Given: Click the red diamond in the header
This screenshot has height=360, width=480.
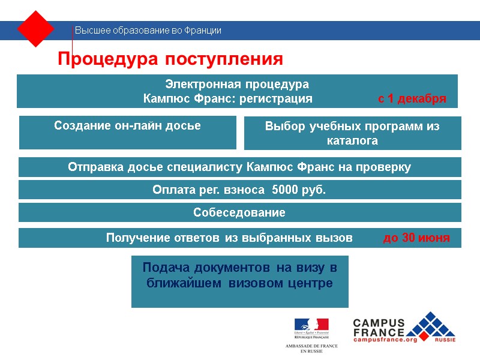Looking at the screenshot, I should [36, 29].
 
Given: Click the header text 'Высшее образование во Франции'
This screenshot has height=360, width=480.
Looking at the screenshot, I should [148, 31].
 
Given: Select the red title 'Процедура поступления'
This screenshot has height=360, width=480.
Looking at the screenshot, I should [170, 59].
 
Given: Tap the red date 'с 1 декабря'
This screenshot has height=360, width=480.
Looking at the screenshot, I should [412, 99].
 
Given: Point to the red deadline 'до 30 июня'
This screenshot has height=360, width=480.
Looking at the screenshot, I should [416, 238].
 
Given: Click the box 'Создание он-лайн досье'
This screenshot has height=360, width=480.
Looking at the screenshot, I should [127, 126].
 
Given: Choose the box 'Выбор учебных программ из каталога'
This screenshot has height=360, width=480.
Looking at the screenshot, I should [352, 133].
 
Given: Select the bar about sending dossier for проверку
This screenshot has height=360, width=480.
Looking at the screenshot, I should [239, 167].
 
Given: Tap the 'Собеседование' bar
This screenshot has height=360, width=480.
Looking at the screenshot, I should [239, 212].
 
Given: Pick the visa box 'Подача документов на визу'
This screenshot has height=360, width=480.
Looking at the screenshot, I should [239, 275].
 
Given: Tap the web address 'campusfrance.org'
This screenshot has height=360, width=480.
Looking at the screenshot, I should [385, 340].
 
